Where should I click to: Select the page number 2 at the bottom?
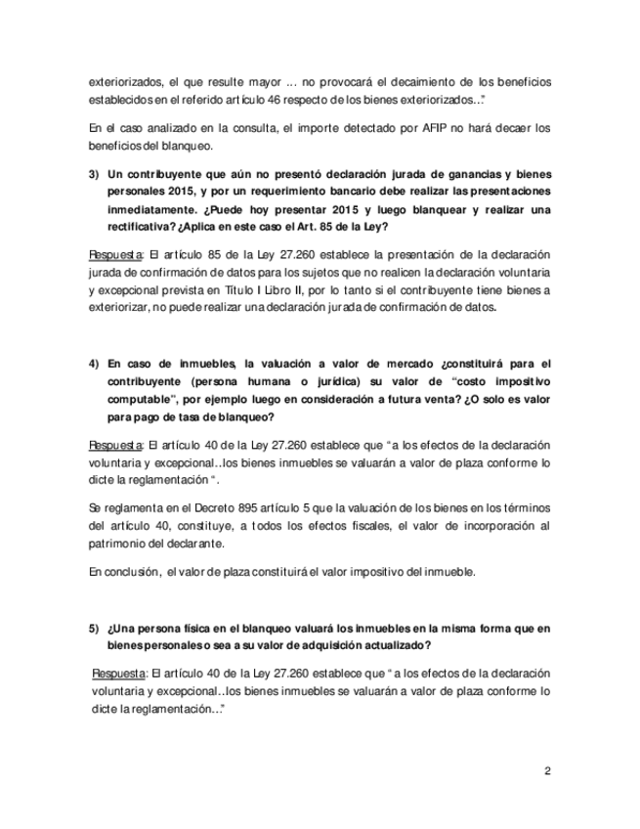[x=547, y=770]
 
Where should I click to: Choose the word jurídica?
[x=320, y=380]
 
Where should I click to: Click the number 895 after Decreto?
[x=213, y=507]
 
